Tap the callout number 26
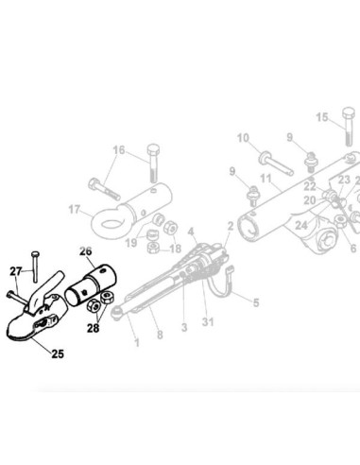(x=84, y=251)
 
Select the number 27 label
(x=14, y=272)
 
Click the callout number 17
(x=76, y=210)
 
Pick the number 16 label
(x=118, y=149)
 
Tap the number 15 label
(x=322, y=117)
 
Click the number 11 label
(x=266, y=178)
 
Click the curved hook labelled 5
(x=224, y=284)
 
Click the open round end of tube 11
(x=252, y=228)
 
